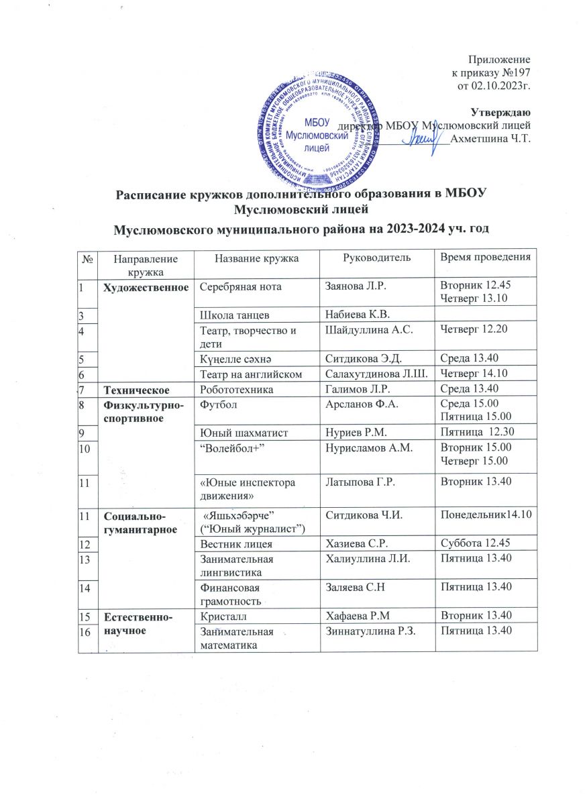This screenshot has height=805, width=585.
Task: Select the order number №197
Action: (517, 72)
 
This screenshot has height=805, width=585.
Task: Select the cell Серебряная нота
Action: (233, 286)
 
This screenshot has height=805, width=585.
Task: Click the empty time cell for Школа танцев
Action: (486, 313)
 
